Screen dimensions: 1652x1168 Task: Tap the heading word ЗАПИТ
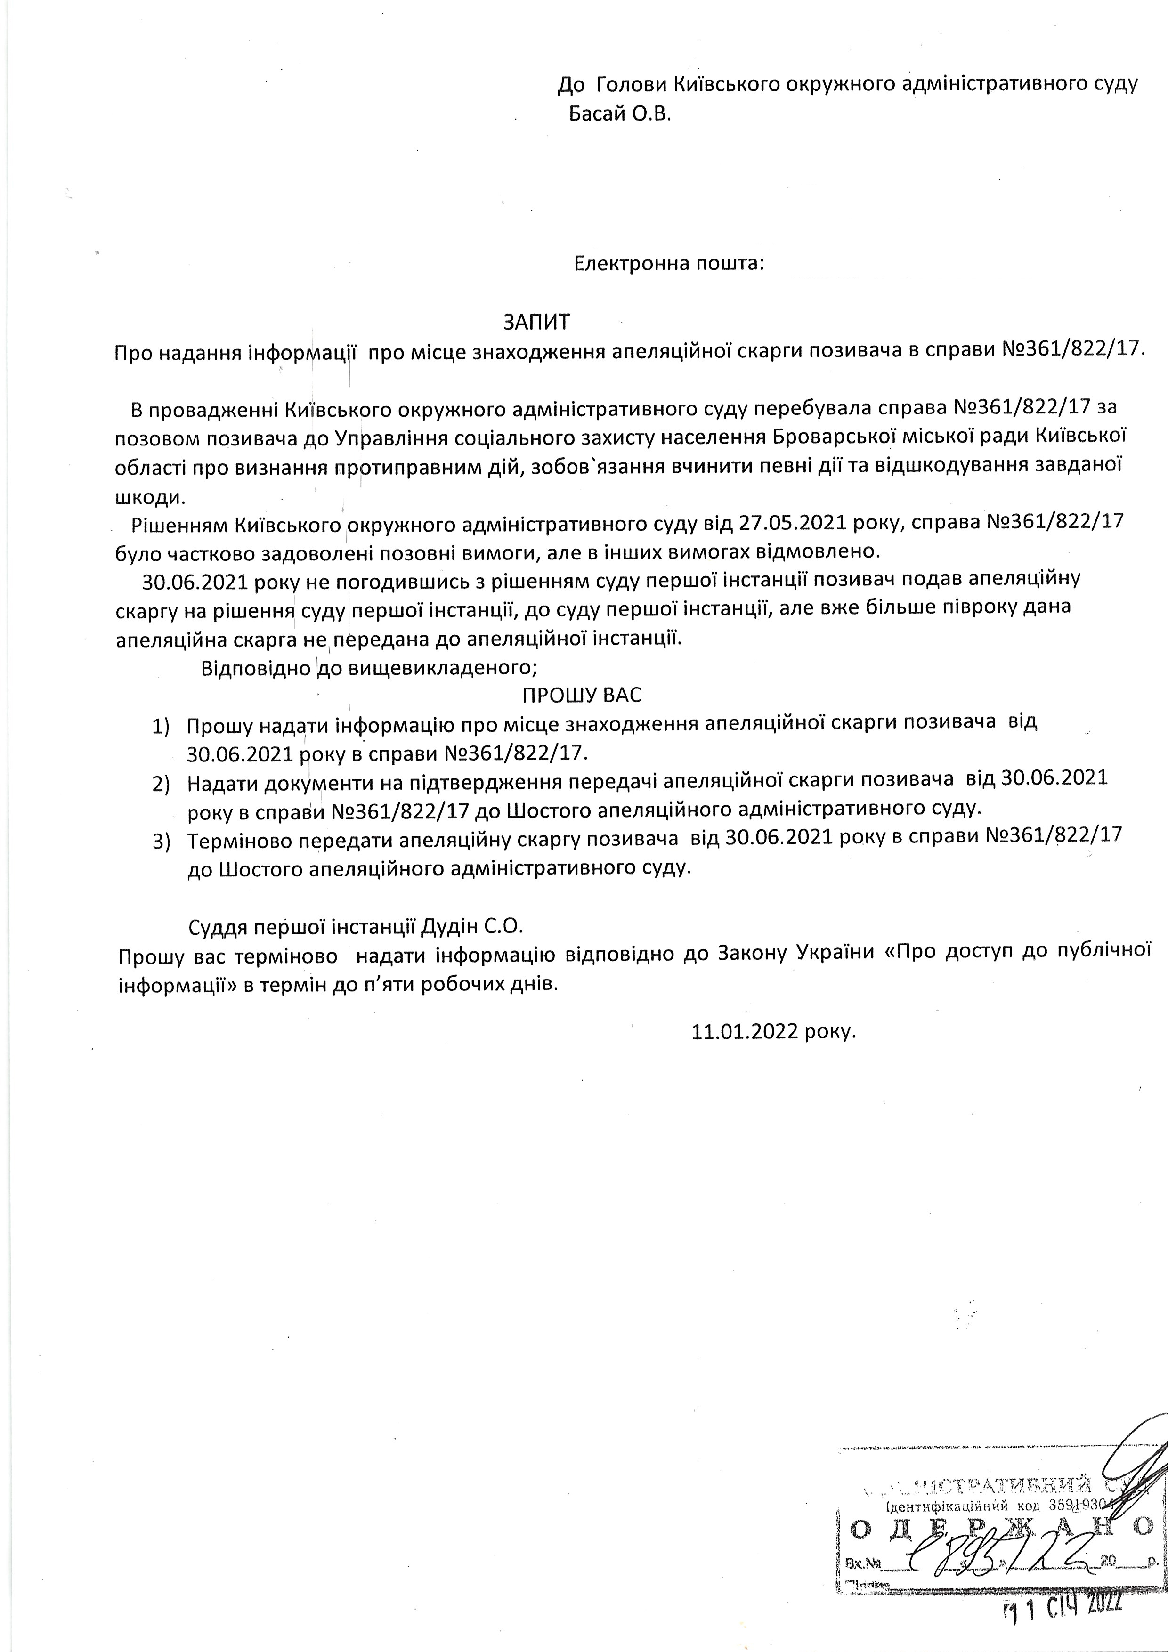coord(536,322)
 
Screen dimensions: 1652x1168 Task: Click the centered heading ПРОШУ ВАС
coord(582,695)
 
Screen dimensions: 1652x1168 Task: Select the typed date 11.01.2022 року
coord(774,1031)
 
